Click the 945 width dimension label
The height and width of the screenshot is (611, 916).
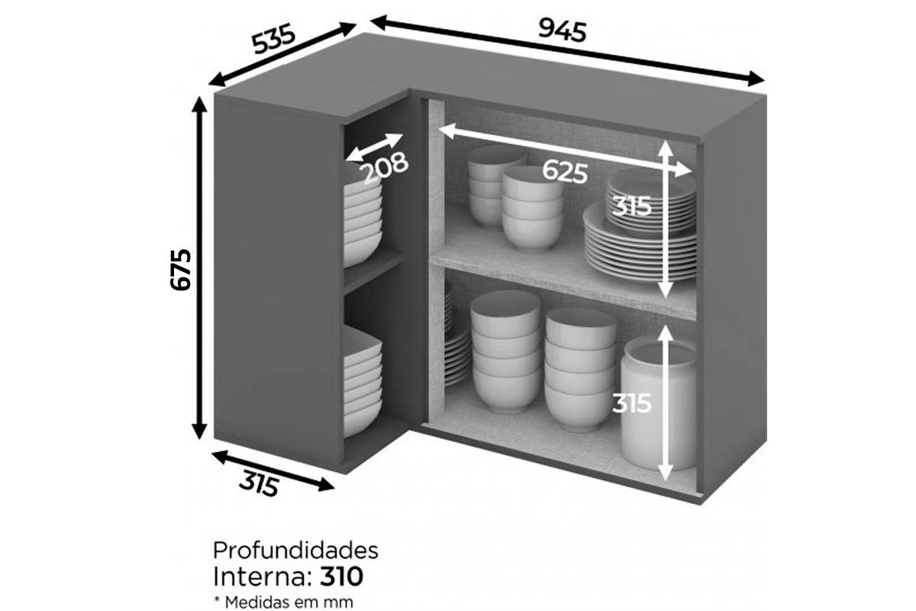point(563,31)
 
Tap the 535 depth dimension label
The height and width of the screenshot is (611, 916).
point(273,38)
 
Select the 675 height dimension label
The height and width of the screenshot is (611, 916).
point(180,270)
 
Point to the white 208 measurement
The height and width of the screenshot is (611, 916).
point(385,166)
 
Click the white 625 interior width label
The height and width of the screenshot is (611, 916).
point(565,172)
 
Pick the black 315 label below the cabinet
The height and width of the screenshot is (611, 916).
point(259,483)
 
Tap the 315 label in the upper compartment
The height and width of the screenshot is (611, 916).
point(632,206)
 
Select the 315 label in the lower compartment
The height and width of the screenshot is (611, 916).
point(632,403)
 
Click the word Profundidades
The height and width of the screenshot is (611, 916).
point(295,551)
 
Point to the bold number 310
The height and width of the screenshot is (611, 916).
point(341,577)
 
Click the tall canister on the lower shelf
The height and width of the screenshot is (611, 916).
point(658,403)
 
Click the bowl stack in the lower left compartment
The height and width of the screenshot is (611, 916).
point(363,380)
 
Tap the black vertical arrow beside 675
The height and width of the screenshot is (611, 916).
point(199,268)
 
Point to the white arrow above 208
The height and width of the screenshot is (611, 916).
point(374,147)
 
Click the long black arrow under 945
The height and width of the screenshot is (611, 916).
point(568,50)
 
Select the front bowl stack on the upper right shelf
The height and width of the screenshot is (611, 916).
point(532,209)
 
